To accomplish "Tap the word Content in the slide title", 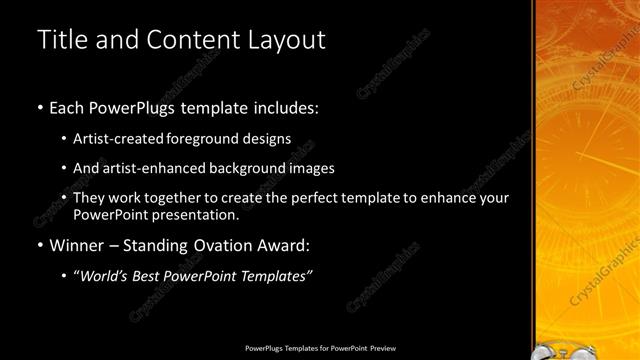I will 191,41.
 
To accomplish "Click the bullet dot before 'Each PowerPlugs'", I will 39,105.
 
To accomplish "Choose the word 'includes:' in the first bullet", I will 288,105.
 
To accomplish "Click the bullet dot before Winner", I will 39,245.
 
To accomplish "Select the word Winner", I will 74,245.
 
